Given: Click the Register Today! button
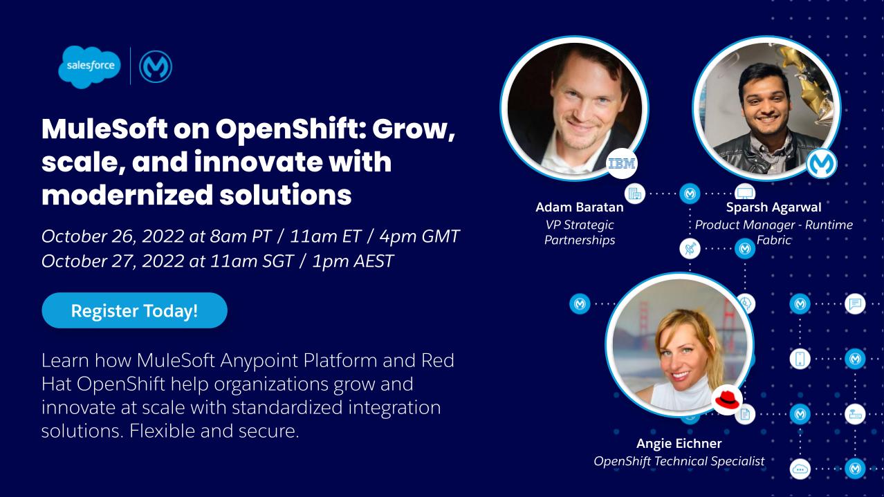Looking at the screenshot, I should point(134,310).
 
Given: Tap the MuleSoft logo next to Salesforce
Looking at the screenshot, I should point(155,67).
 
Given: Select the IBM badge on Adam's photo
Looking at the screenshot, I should point(621,164).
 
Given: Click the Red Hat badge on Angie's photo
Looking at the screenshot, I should point(727,400).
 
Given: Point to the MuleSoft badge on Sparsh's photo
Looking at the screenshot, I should point(822,164).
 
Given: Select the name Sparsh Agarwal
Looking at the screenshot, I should point(773,207).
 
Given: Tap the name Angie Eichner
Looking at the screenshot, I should point(679,444).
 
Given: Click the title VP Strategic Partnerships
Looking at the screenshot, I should point(580,232).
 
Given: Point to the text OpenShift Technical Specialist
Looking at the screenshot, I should point(679,461).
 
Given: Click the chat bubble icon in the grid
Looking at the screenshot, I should point(856,303).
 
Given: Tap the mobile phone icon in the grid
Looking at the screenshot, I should point(800,359).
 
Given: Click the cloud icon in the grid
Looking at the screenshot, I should point(800,469).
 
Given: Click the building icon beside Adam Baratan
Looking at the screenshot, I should point(634,194).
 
